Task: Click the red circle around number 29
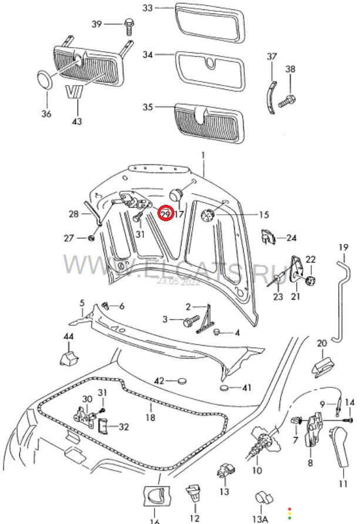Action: click(x=166, y=214)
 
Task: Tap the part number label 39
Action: click(x=96, y=24)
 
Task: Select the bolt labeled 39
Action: click(x=128, y=25)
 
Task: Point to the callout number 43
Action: click(x=77, y=121)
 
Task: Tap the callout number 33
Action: click(x=147, y=8)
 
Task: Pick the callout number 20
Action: click(x=322, y=343)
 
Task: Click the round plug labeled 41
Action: click(x=226, y=388)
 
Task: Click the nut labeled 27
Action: click(x=92, y=238)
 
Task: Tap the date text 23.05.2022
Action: click(x=179, y=281)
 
